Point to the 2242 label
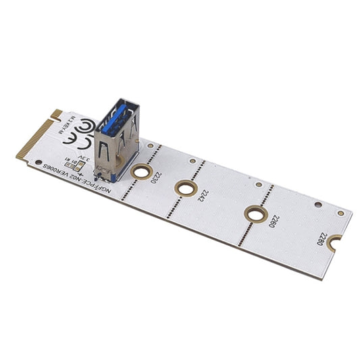(202, 197)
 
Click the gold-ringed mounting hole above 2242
(184, 186)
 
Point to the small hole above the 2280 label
(318, 203)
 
